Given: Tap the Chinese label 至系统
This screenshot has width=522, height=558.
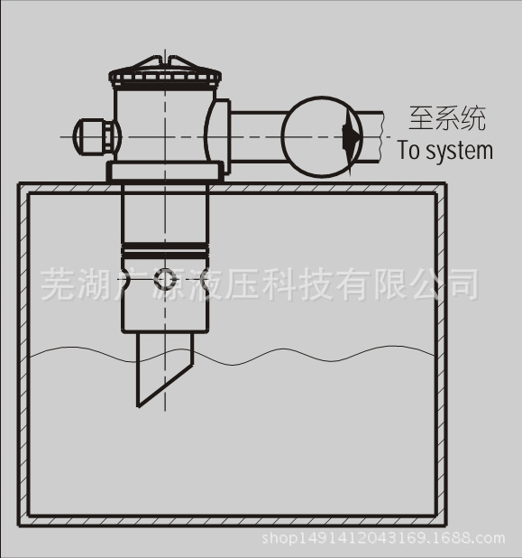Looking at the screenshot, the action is [x=447, y=118].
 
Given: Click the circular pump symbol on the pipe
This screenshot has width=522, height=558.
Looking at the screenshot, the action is [x=322, y=136].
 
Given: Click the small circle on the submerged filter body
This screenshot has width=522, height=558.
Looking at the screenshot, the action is [x=165, y=279].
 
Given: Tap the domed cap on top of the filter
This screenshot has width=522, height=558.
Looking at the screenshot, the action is [x=165, y=71].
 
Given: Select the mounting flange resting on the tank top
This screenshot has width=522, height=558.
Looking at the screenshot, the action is [x=165, y=172].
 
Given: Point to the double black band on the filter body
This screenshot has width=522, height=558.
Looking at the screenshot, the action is [x=165, y=250].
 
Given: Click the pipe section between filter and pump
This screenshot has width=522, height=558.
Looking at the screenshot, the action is [x=257, y=137].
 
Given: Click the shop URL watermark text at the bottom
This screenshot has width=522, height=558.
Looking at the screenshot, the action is [x=383, y=538].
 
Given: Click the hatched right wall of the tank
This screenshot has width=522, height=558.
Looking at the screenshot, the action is [x=441, y=355].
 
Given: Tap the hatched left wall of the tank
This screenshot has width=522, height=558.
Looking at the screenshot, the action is [x=23, y=355].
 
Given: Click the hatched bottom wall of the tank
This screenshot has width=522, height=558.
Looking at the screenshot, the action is [x=232, y=521].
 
